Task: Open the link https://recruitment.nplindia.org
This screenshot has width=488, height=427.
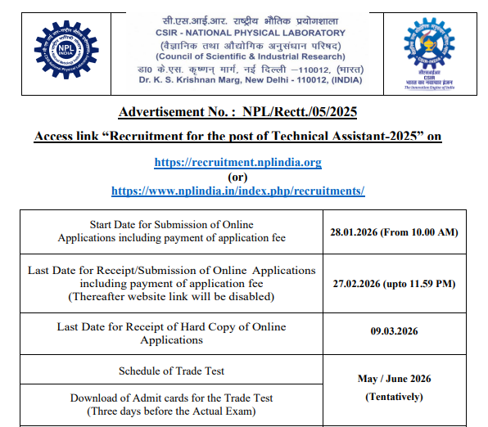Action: point(237,162)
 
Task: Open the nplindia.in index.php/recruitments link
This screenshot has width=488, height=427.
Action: point(237,190)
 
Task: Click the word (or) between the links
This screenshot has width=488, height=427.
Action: point(237,176)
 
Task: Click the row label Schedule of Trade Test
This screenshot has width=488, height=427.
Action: point(171,371)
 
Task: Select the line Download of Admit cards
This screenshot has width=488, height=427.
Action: point(171,398)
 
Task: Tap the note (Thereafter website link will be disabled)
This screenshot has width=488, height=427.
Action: point(171,296)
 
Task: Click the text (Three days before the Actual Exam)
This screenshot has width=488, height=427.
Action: point(171,411)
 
